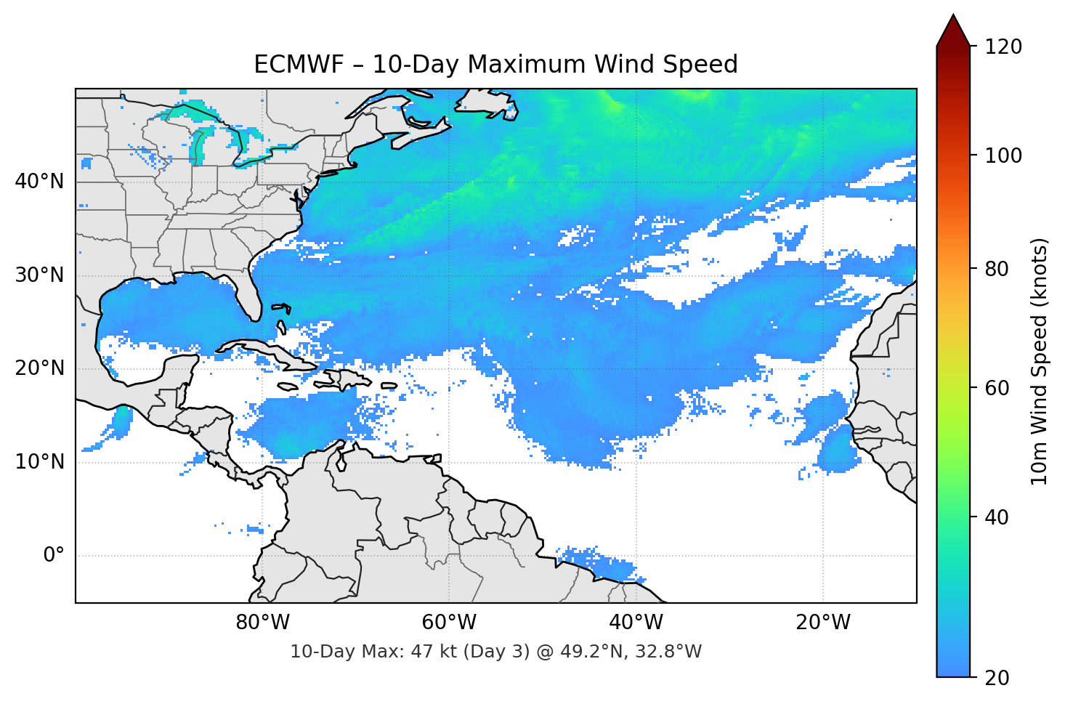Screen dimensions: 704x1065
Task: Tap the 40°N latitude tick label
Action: (x=39, y=181)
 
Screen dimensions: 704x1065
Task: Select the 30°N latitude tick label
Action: (x=39, y=275)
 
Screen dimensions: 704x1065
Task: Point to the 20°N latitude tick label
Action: (x=39, y=368)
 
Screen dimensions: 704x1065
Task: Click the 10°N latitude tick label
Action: (x=39, y=462)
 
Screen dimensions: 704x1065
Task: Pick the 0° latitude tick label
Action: (x=53, y=556)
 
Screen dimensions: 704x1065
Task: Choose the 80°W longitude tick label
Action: (x=263, y=623)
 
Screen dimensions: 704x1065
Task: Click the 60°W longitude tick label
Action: (x=450, y=623)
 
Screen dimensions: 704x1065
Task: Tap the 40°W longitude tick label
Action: (x=636, y=623)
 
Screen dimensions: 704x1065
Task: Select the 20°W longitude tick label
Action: (x=823, y=623)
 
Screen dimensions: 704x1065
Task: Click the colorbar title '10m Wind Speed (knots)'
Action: (x=1040, y=362)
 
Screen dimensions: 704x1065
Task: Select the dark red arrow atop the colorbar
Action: (x=953, y=31)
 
